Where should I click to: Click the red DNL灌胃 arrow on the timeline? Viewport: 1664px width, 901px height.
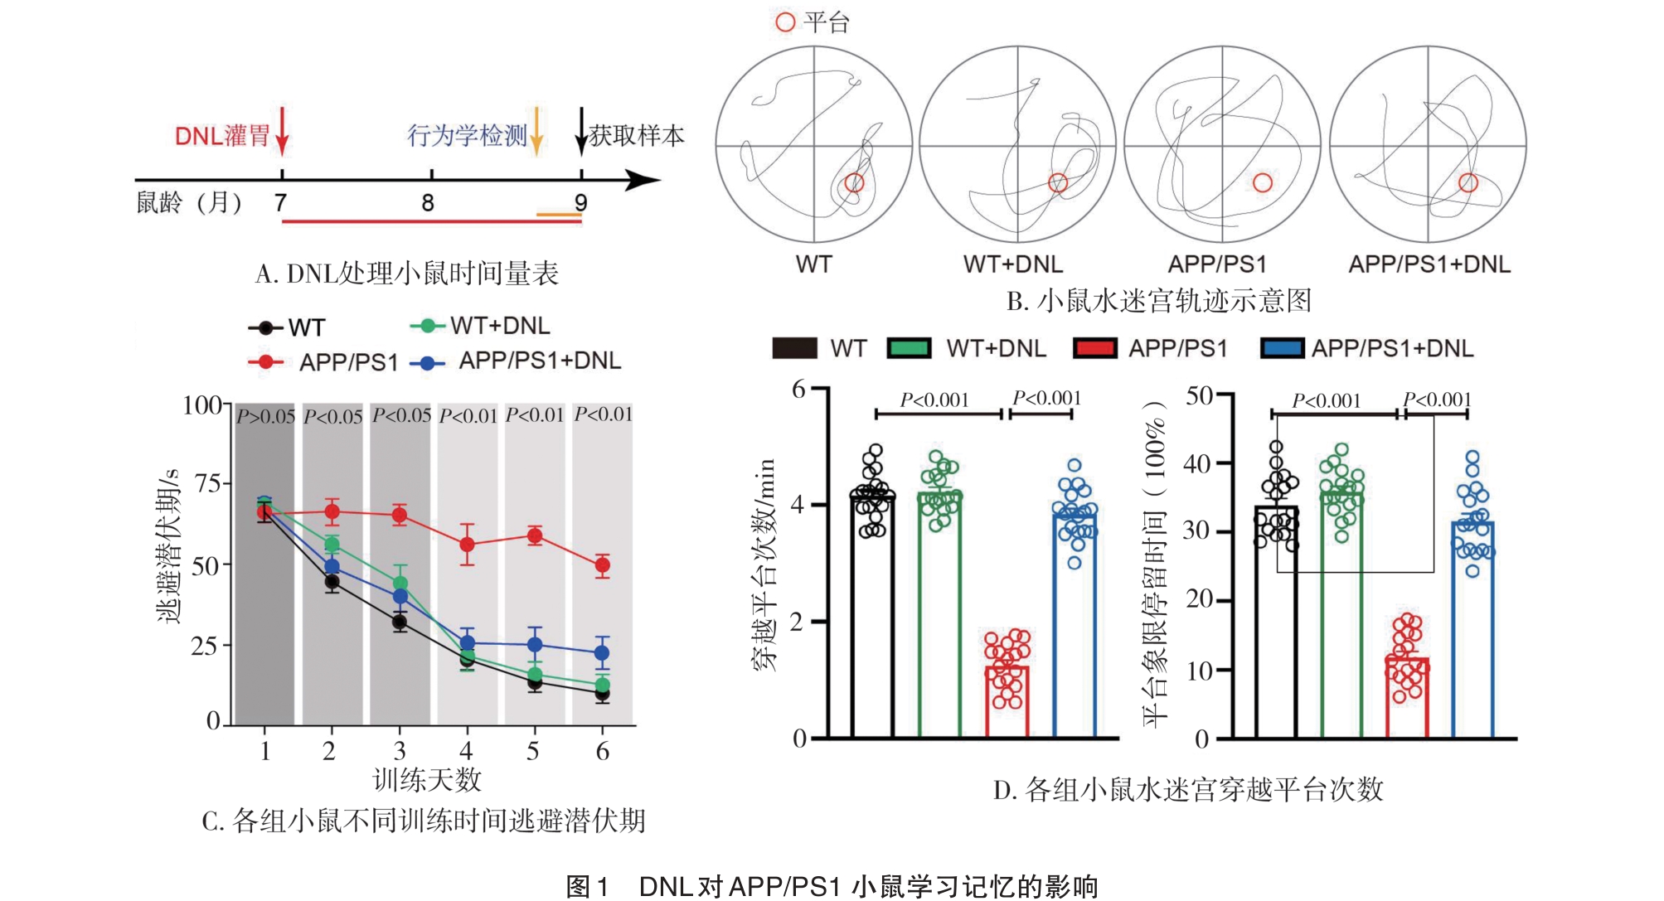tap(282, 132)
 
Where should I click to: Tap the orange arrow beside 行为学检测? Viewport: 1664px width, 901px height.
tap(536, 132)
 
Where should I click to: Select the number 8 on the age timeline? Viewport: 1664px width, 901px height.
tap(428, 203)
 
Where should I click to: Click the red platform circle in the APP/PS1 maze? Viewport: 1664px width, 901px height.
tap(1262, 182)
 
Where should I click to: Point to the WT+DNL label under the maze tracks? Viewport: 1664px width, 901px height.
tap(1012, 264)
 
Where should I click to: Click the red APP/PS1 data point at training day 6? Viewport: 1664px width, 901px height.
tap(602, 565)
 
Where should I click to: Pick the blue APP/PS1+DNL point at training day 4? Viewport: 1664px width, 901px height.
tap(467, 642)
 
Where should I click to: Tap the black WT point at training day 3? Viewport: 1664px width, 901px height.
tap(400, 622)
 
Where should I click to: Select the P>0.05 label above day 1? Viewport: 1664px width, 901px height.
tap(265, 416)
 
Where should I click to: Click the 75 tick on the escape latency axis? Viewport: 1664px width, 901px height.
tap(207, 483)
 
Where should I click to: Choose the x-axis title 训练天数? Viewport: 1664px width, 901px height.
tap(427, 779)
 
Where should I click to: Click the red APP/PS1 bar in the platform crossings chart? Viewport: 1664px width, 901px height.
tap(1007, 701)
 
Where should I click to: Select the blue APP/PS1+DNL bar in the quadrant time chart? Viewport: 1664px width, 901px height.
tap(1472, 630)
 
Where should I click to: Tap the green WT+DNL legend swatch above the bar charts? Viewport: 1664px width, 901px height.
tap(909, 348)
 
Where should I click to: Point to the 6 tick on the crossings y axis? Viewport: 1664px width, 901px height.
tap(799, 389)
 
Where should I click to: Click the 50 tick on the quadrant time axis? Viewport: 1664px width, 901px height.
tap(1200, 395)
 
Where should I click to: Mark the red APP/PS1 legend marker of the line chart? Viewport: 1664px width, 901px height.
tap(265, 362)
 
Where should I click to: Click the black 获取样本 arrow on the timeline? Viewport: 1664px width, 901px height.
tap(581, 132)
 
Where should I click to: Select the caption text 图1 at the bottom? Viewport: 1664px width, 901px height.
tap(587, 886)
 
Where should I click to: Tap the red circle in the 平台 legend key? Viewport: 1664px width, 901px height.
tap(784, 22)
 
